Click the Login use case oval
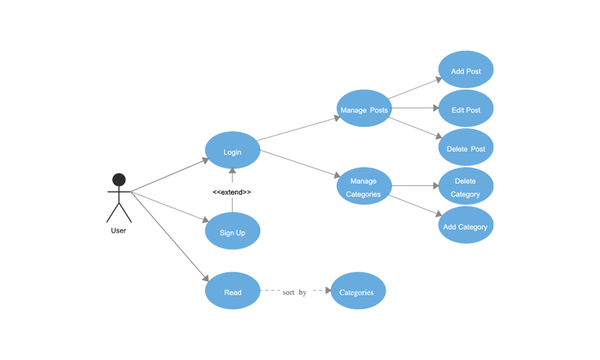coord(232,152)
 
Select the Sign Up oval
coord(232,232)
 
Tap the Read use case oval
coord(232,292)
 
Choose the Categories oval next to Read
coord(357,292)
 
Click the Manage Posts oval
coord(364,110)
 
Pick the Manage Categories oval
coord(364,187)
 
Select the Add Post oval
coord(466,71)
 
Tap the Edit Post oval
coord(466,109)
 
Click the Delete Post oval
coord(466,148)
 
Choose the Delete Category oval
coord(465,187)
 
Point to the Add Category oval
coord(465,226)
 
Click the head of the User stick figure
coord(118,180)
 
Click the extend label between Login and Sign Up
coord(232,193)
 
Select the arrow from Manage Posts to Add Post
coord(414,90)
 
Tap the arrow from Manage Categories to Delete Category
coord(412,187)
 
